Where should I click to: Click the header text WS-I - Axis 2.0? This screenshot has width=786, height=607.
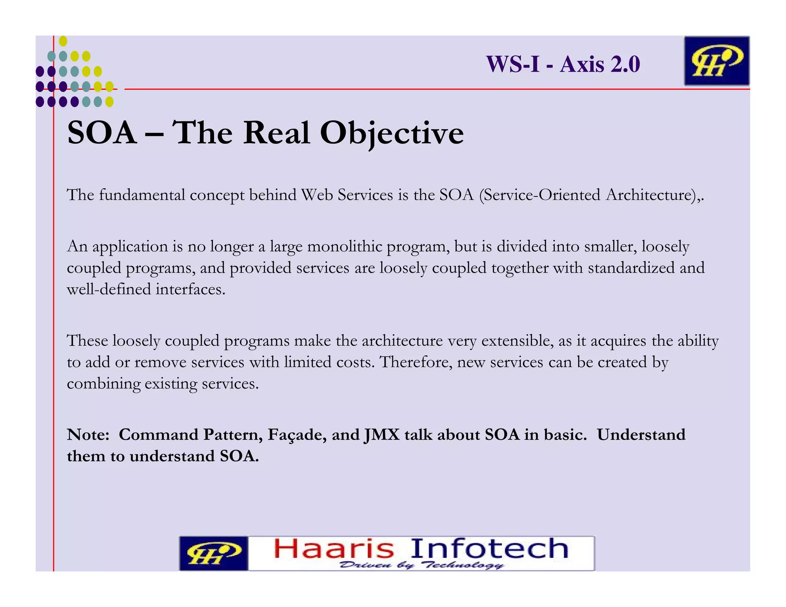(563, 64)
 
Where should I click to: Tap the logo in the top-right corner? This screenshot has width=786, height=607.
(717, 61)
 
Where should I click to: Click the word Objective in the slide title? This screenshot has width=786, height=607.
(392, 133)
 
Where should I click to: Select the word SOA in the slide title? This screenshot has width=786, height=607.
(102, 133)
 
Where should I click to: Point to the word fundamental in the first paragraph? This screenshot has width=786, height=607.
(142, 195)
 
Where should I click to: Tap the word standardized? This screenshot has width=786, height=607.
(631, 268)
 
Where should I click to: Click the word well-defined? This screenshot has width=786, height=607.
(109, 289)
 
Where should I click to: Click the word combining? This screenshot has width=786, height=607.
(104, 384)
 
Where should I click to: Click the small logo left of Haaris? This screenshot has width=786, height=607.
(213, 553)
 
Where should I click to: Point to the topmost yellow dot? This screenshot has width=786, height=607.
(63, 41)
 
